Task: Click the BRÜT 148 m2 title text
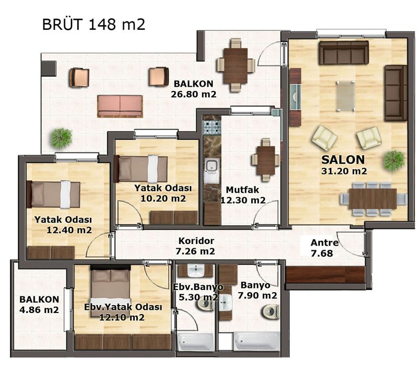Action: tap(94, 24)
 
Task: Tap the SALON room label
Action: tap(343, 160)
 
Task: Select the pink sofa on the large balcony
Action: tap(120, 106)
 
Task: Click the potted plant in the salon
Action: tap(394, 160)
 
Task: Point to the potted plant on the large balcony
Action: tap(62, 138)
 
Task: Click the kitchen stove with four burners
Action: tap(212, 128)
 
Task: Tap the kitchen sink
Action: tap(212, 166)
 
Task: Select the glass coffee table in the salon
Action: tap(345, 96)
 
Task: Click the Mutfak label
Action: tap(242, 190)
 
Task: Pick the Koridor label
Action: tap(196, 241)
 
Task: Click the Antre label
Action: tap(324, 242)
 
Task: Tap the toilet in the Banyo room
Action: tap(271, 311)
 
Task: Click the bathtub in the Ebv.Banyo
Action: tap(195, 342)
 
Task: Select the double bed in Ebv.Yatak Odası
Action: tap(110, 291)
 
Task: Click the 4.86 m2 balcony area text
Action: tap(39, 310)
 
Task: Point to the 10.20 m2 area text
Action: tap(163, 199)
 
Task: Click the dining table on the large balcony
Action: tap(236, 65)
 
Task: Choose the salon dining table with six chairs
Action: tap(373, 199)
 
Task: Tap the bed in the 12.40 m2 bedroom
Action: tap(54, 194)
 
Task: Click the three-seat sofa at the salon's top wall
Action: tap(344, 52)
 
